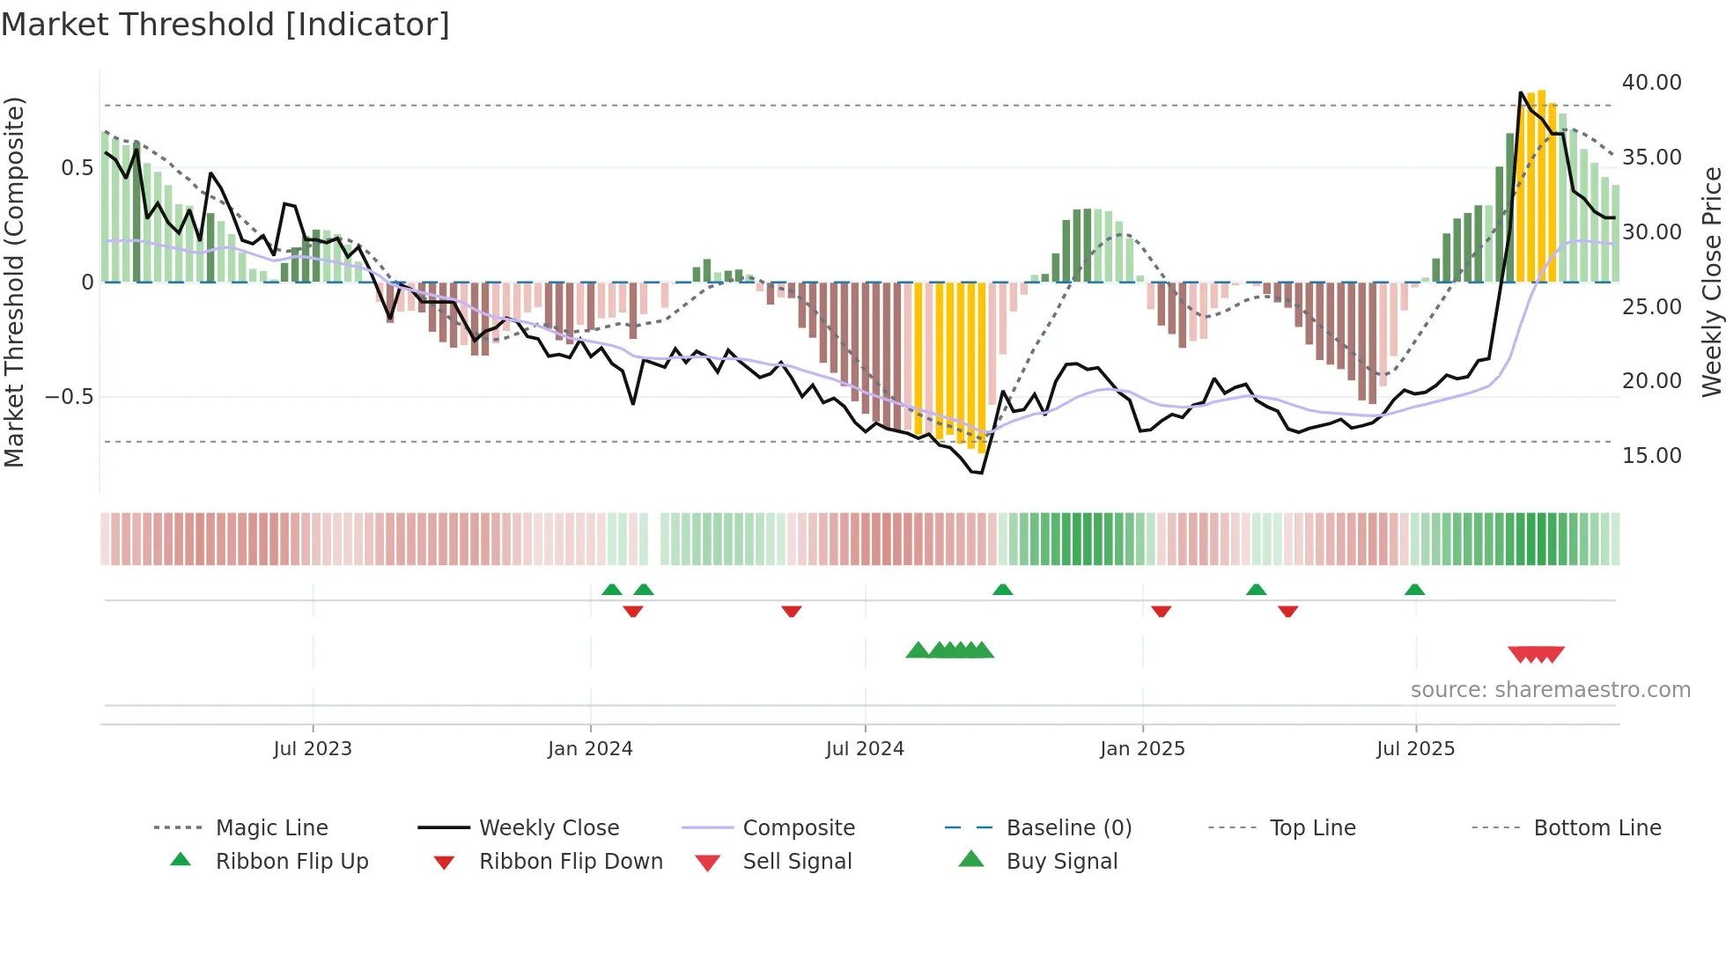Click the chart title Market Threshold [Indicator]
pyautogui.click(x=225, y=25)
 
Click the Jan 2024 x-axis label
pyautogui.click(x=590, y=749)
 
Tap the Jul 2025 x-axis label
pyautogui.click(x=1415, y=749)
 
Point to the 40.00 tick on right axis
pyautogui.click(x=1651, y=83)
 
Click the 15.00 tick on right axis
pyautogui.click(x=1651, y=456)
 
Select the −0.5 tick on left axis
pyautogui.click(x=69, y=397)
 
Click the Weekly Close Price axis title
pyautogui.click(x=1711, y=282)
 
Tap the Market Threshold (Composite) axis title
pyautogui.click(x=14, y=282)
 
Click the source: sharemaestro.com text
pyautogui.click(x=1550, y=690)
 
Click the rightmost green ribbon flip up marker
pyautogui.click(x=1414, y=590)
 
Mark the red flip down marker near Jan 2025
pyautogui.click(x=1161, y=611)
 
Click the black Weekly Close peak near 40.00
pyautogui.click(x=1521, y=92)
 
